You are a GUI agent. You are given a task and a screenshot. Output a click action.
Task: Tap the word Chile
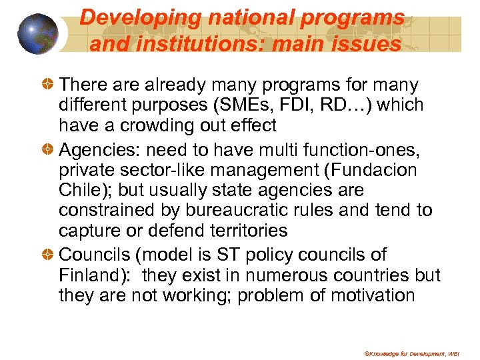tap(79, 190)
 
